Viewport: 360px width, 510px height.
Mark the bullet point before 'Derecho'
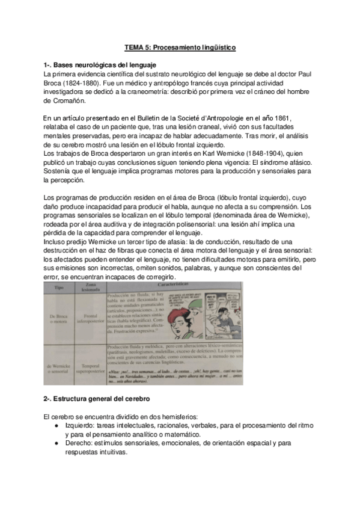[x=56, y=443]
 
